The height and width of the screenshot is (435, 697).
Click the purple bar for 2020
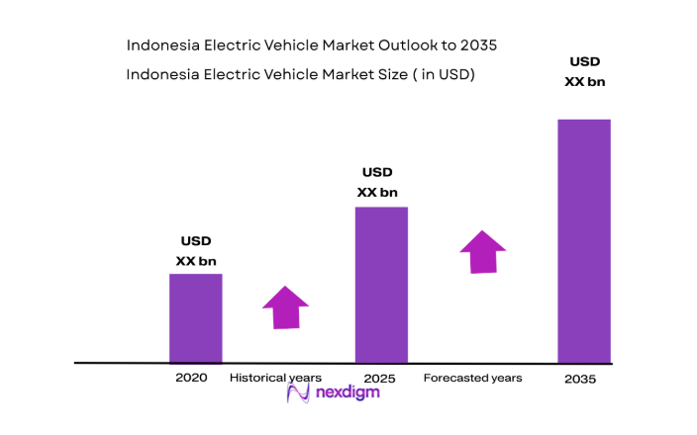click(195, 318)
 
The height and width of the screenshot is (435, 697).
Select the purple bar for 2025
click(381, 285)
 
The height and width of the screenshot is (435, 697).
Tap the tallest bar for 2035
click(583, 241)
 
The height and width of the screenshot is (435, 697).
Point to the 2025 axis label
click(379, 379)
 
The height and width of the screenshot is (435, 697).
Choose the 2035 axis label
click(581, 380)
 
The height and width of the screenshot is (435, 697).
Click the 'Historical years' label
click(275, 378)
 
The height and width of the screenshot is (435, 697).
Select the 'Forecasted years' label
click(472, 379)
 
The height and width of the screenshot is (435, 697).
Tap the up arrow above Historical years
click(286, 307)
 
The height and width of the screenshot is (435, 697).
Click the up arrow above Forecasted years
click(482, 252)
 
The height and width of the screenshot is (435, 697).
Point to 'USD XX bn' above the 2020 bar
click(195, 251)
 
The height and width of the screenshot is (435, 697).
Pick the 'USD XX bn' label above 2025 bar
click(377, 183)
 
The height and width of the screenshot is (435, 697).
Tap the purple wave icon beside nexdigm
click(299, 392)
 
